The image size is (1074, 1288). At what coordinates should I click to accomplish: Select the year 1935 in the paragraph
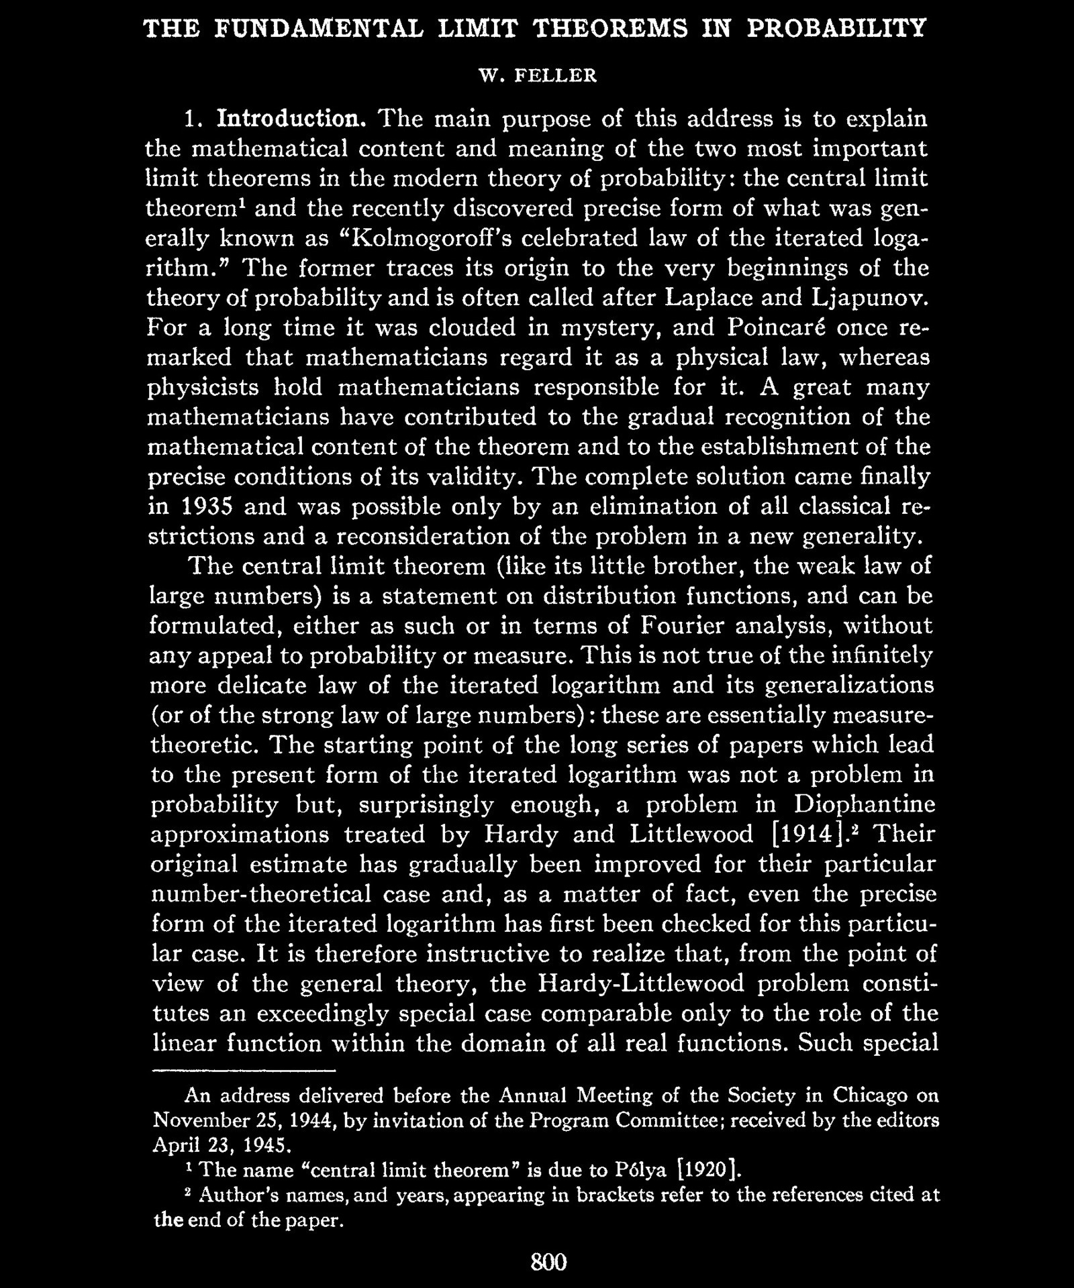coord(201,507)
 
